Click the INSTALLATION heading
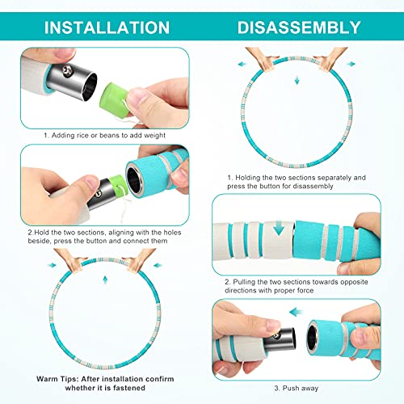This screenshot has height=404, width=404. coord(107,27)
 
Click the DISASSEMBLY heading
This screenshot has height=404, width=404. coord(299,27)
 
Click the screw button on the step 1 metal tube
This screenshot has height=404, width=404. coord(66,70)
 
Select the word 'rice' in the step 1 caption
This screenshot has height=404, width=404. coord(82,135)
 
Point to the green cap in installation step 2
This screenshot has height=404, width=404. coord(118,183)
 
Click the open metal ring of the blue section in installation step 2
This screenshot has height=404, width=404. coord(134,179)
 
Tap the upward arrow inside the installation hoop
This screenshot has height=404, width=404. coord(105,280)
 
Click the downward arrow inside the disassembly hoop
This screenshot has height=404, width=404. coord(297,80)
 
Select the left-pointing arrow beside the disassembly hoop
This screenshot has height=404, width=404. coord(242,64)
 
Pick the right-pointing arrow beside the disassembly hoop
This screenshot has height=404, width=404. coord(351,64)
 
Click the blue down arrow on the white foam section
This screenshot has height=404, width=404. coord(279,228)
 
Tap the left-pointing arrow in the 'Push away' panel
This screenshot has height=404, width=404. coord(297,312)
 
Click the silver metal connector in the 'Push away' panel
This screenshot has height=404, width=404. coord(280,340)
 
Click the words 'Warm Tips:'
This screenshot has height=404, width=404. coord(57,379)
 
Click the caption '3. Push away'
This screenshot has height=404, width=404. coord(297,388)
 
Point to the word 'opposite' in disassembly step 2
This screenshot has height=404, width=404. coord(354,282)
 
